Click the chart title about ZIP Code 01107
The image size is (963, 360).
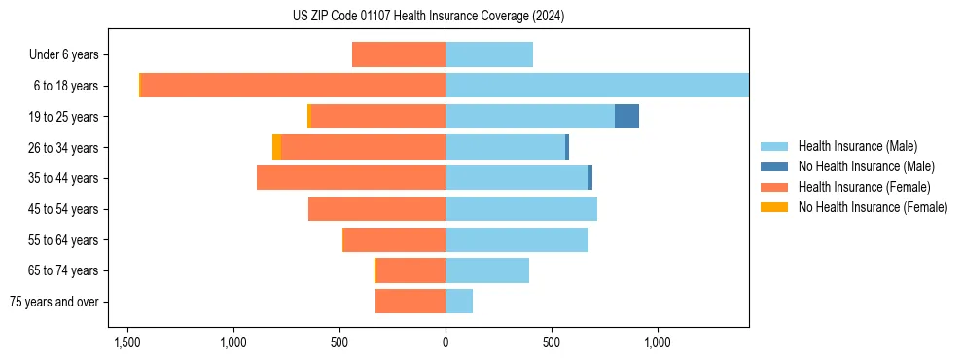point(428,17)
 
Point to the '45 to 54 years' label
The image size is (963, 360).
point(63,209)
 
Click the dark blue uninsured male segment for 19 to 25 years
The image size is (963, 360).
point(626,117)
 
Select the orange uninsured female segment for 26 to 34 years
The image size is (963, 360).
point(276,147)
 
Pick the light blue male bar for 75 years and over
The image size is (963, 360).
point(459,302)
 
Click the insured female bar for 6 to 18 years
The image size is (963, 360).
point(292,86)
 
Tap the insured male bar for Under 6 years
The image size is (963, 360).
point(489,54)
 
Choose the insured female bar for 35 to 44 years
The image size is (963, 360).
point(351,178)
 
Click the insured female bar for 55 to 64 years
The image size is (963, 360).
point(394,239)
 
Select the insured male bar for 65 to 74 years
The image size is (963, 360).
point(487,270)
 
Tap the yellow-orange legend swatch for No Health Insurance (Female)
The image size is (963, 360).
point(774,207)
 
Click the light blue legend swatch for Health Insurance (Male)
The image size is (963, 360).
point(774,146)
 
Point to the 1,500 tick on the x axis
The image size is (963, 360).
point(126,343)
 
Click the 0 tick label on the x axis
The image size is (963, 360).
point(446,343)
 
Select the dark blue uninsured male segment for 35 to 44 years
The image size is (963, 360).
point(590,178)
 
